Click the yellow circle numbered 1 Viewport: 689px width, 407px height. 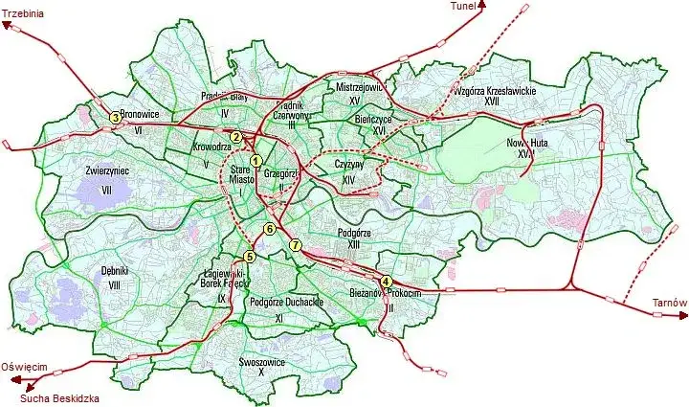tap(256, 160)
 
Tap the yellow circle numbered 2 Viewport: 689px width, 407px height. tap(235, 137)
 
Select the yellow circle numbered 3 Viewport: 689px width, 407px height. tap(115, 118)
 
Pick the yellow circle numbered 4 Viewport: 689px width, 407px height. tap(386, 281)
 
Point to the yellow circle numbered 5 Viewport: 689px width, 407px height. tap(250, 256)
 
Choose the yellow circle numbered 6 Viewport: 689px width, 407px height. tap(270, 229)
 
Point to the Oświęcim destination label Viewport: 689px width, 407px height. tap(24, 366)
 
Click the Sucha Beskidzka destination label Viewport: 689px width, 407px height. tap(58, 396)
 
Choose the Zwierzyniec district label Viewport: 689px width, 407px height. tap(107, 170)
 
